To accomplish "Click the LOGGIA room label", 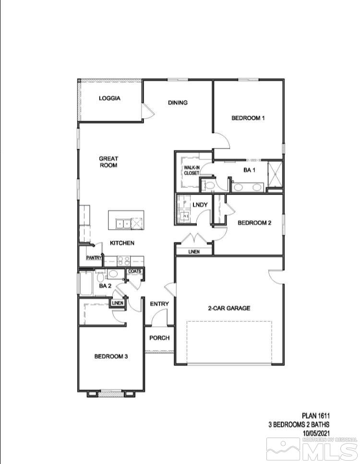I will point(109,98).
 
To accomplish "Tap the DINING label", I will point(178,102).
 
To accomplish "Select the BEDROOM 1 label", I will point(248,118).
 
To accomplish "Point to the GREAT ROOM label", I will point(108,162).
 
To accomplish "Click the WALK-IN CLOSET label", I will point(191,170).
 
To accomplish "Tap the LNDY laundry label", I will point(200,205).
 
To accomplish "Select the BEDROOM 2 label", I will point(255,222).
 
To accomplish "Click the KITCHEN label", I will point(122,243).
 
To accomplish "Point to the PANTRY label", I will point(94,258).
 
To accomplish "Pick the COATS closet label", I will point(134,271).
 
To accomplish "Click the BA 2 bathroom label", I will point(105,286).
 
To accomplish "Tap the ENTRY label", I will point(159,304).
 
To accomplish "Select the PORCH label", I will point(159,338).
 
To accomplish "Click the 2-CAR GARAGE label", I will point(229,308).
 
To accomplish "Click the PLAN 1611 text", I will point(315,415).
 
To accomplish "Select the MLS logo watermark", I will point(312,450).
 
